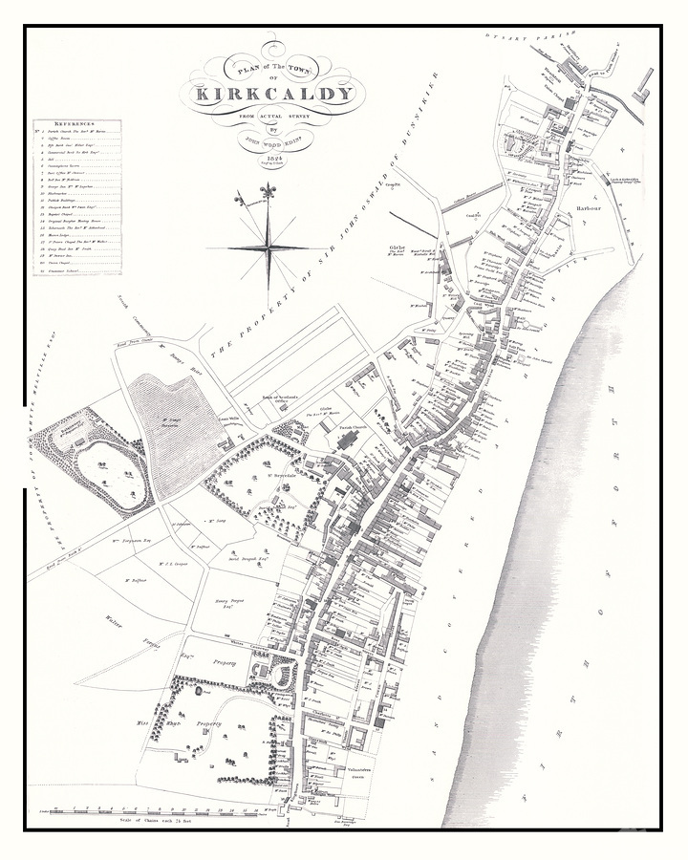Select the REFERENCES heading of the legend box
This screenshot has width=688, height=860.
(x=74, y=123)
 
